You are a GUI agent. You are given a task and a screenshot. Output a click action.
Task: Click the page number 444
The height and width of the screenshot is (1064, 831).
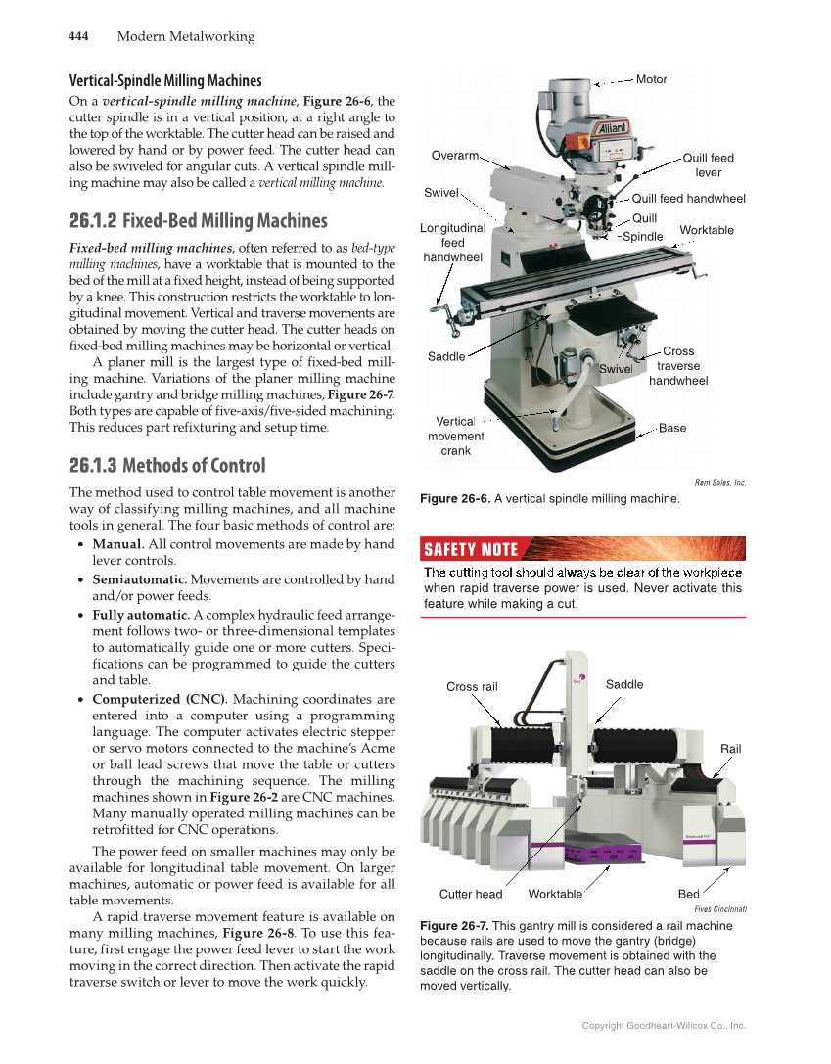pos(78,37)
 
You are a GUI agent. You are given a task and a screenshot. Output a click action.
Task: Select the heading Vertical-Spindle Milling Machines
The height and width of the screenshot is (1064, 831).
pos(164,80)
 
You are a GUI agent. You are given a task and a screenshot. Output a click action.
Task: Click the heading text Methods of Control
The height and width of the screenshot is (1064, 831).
pos(194,465)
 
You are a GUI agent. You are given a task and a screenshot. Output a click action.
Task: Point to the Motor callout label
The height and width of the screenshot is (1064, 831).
pos(651,79)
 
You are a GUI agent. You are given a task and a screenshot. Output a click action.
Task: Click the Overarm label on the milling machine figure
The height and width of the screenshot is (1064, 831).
pos(455,155)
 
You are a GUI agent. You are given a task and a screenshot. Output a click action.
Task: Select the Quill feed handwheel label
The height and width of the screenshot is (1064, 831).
pos(688,199)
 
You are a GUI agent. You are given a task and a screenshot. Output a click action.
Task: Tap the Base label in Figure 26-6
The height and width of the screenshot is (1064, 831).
pos(672,428)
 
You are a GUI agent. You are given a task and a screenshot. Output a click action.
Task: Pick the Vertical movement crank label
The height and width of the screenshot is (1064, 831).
pos(455,436)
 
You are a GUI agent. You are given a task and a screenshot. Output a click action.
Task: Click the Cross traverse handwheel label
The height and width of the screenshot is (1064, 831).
pos(678,366)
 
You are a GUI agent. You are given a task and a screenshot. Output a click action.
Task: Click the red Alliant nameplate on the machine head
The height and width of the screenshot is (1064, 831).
pos(612,128)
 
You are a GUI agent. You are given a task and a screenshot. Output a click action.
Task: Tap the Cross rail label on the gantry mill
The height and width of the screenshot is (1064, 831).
pos(472,686)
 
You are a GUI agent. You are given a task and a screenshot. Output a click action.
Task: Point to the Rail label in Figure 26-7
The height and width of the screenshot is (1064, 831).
pos(730,749)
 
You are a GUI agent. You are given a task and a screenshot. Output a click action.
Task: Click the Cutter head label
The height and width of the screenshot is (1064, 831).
pos(471,894)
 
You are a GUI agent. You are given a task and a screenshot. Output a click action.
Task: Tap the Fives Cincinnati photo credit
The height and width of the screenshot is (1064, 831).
pos(720,909)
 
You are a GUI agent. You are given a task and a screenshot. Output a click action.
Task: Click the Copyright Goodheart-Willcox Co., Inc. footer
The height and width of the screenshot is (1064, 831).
pos(664,1026)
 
